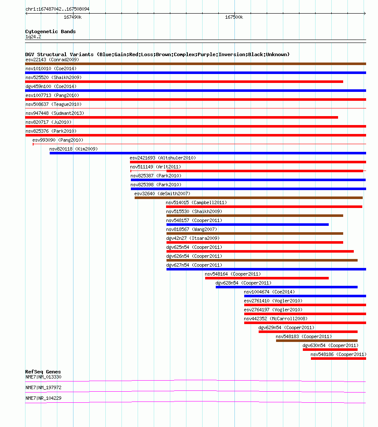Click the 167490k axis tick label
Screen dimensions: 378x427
coord(73,17)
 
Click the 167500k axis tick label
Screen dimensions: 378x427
coord(234,17)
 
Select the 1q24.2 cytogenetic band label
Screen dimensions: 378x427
coord(33,37)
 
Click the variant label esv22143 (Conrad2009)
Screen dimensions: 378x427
coord(52,60)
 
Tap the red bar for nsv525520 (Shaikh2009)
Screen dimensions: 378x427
coord(184,82)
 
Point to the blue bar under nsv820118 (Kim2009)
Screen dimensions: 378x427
coord(208,153)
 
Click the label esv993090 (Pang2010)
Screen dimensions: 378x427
coord(58,140)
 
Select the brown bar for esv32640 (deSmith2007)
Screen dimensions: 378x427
coord(248,198)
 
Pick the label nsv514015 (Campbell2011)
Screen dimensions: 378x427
coord(196,202)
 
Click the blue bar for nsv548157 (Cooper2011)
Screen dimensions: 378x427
coord(248,225)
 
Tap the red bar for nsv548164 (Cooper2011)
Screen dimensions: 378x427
coord(267,278)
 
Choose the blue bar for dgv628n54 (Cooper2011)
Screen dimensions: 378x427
coord(287,287)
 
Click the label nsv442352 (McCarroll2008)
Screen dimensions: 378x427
coord(276,319)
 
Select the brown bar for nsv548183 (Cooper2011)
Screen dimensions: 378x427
coord(317,341)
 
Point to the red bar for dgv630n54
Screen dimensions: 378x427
coord(330,350)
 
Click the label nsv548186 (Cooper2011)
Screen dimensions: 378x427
coord(339,354)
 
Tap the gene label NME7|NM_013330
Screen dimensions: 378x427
coord(43,377)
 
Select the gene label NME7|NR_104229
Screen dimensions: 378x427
coord(43,398)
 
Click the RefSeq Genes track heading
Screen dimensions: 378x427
coord(43,372)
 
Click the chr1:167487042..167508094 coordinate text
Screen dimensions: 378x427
coord(57,9)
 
